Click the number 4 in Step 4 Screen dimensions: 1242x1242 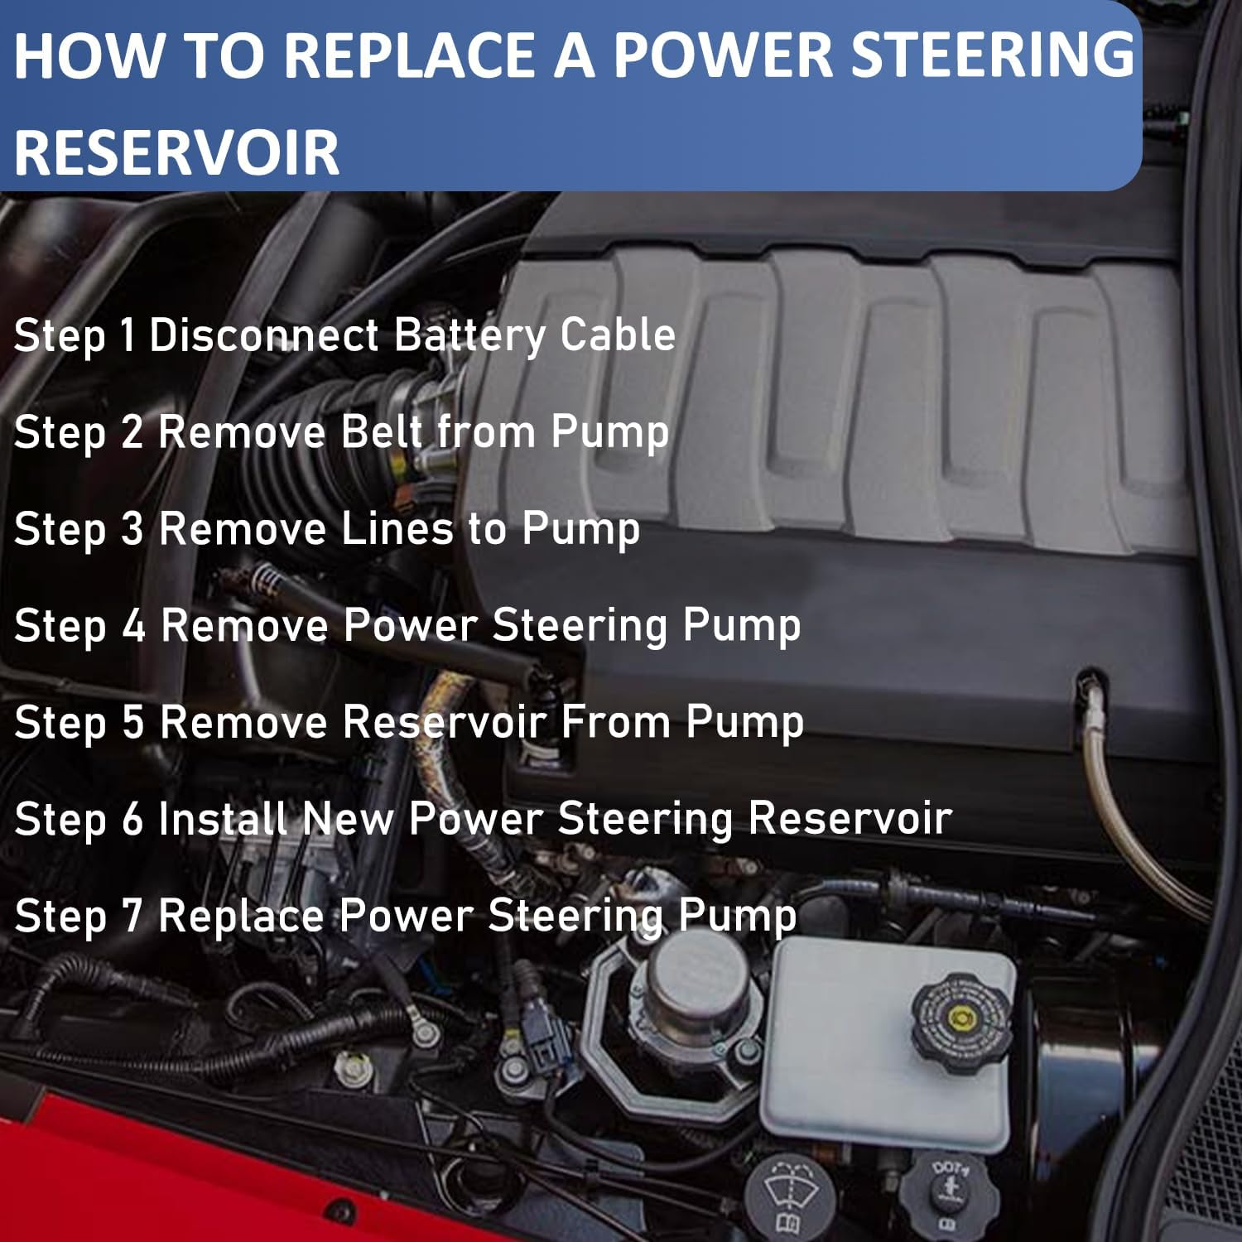(x=133, y=625)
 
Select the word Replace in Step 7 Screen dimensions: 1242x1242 (x=240, y=917)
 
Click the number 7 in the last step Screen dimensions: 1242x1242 (x=132, y=916)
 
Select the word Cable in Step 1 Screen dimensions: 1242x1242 (x=618, y=335)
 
